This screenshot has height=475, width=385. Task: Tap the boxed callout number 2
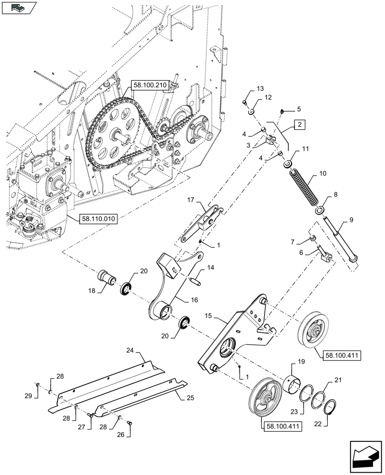(x=299, y=125)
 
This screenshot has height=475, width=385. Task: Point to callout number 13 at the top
(x=259, y=89)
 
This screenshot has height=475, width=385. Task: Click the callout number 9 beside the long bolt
(x=351, y=219)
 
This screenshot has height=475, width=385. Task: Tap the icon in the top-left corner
(x=18, y=8)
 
